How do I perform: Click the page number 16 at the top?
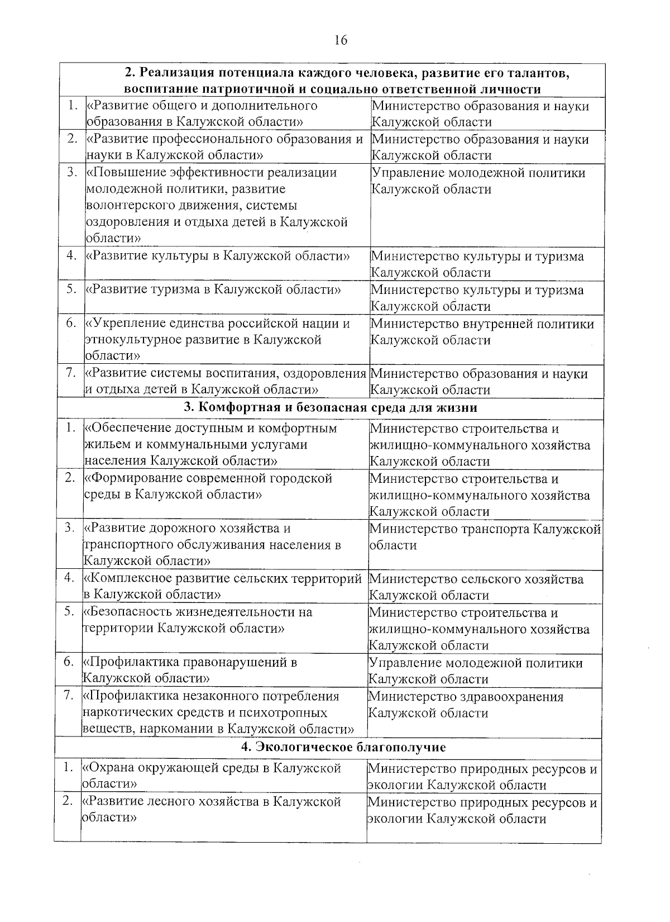coord(340,40)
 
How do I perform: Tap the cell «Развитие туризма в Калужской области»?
coord(213,290)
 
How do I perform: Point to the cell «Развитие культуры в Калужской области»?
coord(217,256)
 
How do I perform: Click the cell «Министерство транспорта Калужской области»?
coord(485,537)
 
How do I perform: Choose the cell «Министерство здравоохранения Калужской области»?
coord(466,705)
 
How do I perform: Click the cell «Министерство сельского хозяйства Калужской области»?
coord(476,587)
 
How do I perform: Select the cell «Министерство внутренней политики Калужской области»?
coord(482,332)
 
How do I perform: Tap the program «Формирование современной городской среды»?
coord(208,487)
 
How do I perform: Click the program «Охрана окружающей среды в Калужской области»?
coord(212,776)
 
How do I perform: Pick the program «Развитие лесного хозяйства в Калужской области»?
coord(212,810)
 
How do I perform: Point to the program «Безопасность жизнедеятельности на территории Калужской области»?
coord(198,620)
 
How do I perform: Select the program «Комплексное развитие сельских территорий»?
coord(223,587)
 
